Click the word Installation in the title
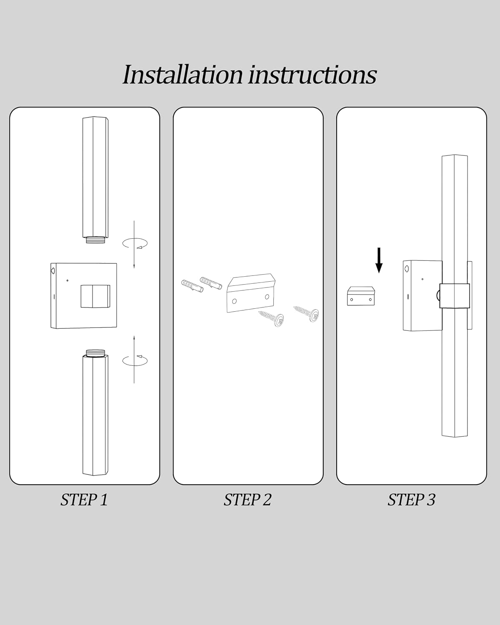tap(183, 75)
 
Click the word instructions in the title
tap(312, 75)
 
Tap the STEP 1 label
tap(84, 500)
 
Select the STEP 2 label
tap(247, 500)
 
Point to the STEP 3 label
tap(411, 500)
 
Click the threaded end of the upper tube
tap(95, 240)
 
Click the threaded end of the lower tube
tap(95, 353)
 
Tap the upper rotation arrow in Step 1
tap(135, 243)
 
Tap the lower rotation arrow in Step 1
tap(135, 360)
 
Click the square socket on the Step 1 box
tap(95, 296)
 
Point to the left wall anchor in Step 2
tap(192, 286)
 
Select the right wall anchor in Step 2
tap(211, 283)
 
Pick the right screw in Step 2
tap(306, 314)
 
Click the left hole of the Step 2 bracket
tap(235, 301)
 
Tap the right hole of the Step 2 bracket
tap(267, 297)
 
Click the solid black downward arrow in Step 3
tap(379, 260)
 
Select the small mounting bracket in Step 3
tap(361, 296)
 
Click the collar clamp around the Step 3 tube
tap(455, 296)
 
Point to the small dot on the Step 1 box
tap(67, 280)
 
